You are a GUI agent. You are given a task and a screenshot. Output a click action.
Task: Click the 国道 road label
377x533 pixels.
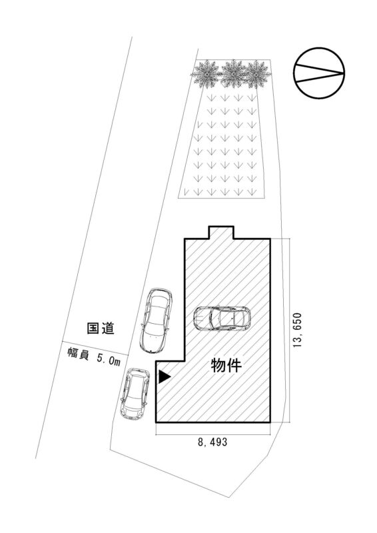(101, 328)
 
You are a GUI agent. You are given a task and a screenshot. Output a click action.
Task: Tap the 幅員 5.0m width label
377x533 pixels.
(94, 357)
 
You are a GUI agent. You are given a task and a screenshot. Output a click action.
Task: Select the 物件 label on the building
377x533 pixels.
(226, 365)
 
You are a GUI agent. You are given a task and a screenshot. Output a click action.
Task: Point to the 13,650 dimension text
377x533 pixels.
(298, 330)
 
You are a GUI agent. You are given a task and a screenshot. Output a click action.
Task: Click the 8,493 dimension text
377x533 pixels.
(212, 442)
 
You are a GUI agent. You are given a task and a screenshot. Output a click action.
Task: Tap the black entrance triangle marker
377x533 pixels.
(165, 376)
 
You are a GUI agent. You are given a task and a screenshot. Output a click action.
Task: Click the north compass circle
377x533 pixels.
(319, 73)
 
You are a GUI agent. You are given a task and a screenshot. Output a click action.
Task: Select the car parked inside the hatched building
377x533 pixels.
(222, 318)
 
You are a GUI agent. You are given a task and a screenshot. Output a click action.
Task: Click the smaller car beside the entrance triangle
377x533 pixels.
(135, 394)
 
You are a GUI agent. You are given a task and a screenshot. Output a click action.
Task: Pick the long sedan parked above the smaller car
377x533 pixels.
(156, 320)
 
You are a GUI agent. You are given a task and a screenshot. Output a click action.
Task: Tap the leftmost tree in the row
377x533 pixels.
(206, 74)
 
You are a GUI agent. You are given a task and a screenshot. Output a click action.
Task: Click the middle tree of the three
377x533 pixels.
(234, 73)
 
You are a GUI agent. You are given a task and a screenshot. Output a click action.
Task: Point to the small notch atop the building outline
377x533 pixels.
(221, 232)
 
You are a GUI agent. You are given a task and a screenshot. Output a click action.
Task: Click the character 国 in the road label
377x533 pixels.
(93, 328)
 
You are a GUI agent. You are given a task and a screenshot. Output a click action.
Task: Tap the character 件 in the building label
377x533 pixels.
(234, 365)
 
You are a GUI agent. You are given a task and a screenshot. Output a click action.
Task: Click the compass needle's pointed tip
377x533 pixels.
(344, 73)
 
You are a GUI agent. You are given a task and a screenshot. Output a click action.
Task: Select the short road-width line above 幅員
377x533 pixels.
(95, 348)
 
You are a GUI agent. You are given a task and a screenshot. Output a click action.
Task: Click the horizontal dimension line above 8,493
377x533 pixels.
(212, 434)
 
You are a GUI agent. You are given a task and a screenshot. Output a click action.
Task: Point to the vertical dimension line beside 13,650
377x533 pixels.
(290, 330)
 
